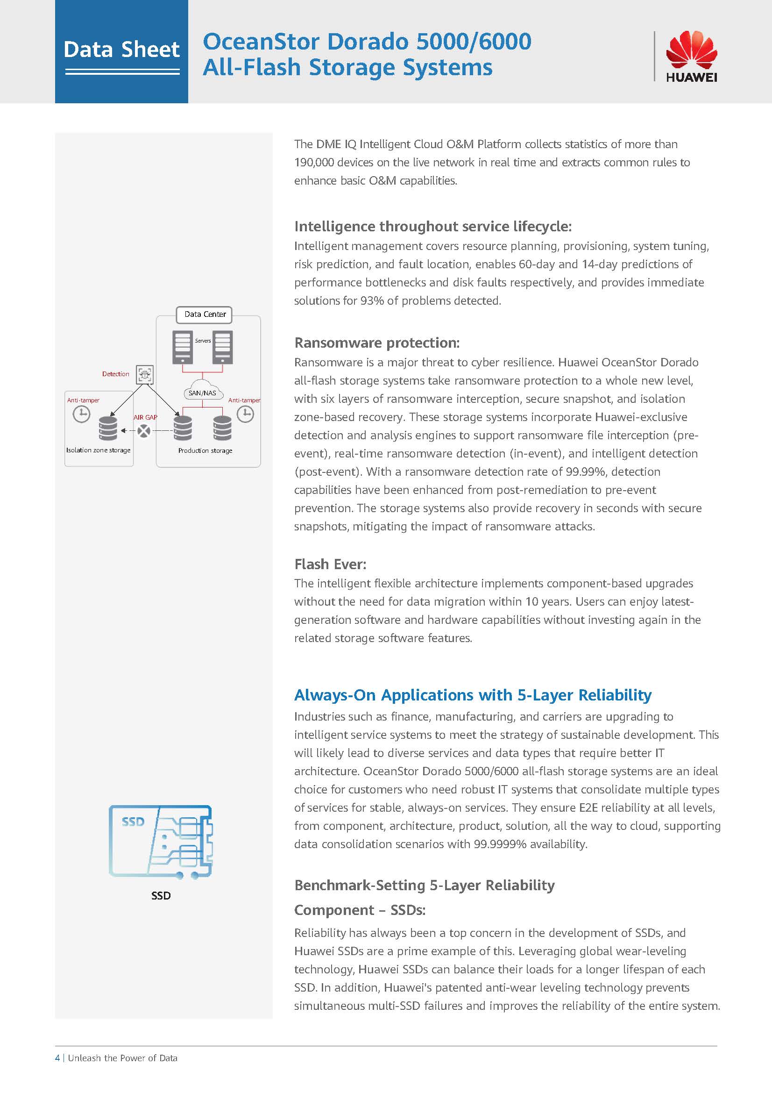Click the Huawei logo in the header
tap(691, 56)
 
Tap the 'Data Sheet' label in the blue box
tap(122, 50)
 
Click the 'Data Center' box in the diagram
tap(205, 314)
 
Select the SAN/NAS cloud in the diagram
tap(202, 389)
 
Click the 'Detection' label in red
tap(115, 374)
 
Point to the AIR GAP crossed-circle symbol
tap(144, 431)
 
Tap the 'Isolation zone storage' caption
tap(98, 450)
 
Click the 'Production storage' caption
tap(205, 450)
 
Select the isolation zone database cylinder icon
tap(108, 428)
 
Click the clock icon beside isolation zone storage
tap(81, 414)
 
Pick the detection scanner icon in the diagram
tap(145, 375)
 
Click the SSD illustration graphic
tap(160, 842)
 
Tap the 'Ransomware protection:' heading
tap(377, 343)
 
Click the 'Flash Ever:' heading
tap(330, 564)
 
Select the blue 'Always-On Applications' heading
tap(472, 695)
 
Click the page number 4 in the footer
tap(57, 1058)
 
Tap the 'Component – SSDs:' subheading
tap(360, 910)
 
